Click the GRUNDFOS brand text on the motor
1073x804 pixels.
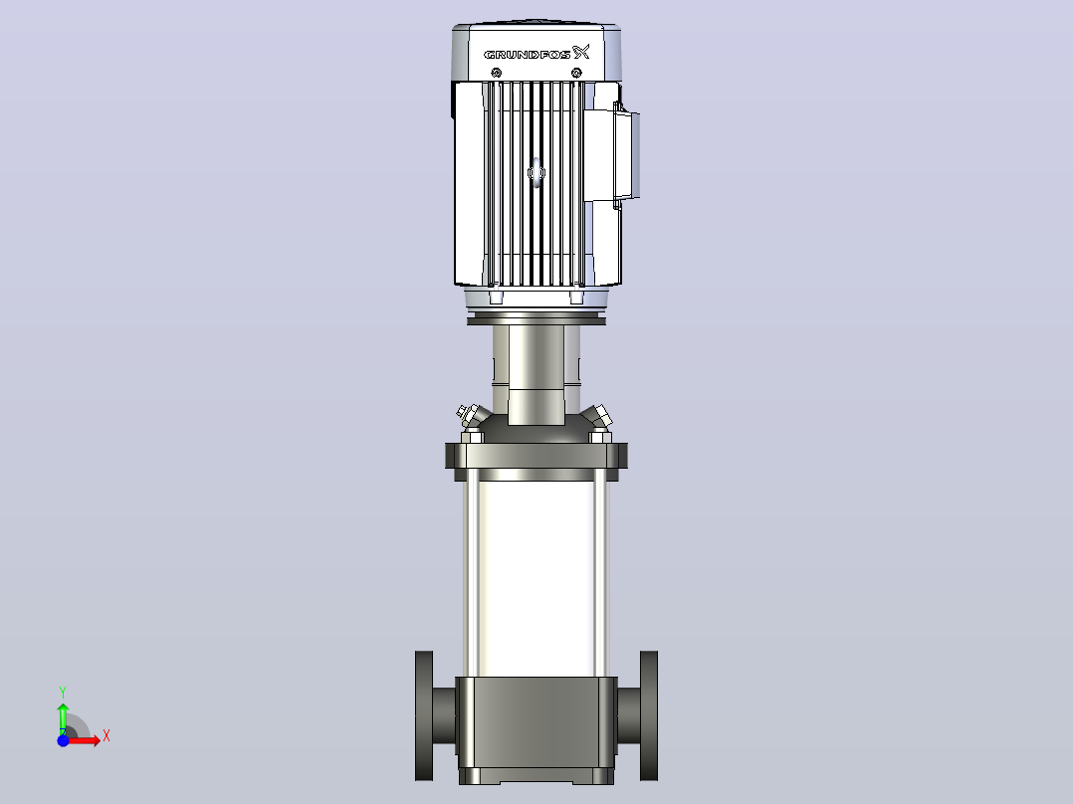click(x=527, y=54)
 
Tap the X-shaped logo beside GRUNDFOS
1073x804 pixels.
click(x=581, y=52)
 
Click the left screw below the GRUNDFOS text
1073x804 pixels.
click(x=497, y=73)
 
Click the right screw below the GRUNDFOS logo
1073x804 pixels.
click(x=577, y=73)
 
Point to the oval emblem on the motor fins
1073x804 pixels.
click(x=536, y=172)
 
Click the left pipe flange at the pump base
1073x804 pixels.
click(x=424, y=715)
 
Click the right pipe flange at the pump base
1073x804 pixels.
click(x=649, y=715)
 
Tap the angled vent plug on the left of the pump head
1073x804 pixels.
click(x=472, y=413)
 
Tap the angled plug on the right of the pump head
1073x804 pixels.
click(x=597, y=415)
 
